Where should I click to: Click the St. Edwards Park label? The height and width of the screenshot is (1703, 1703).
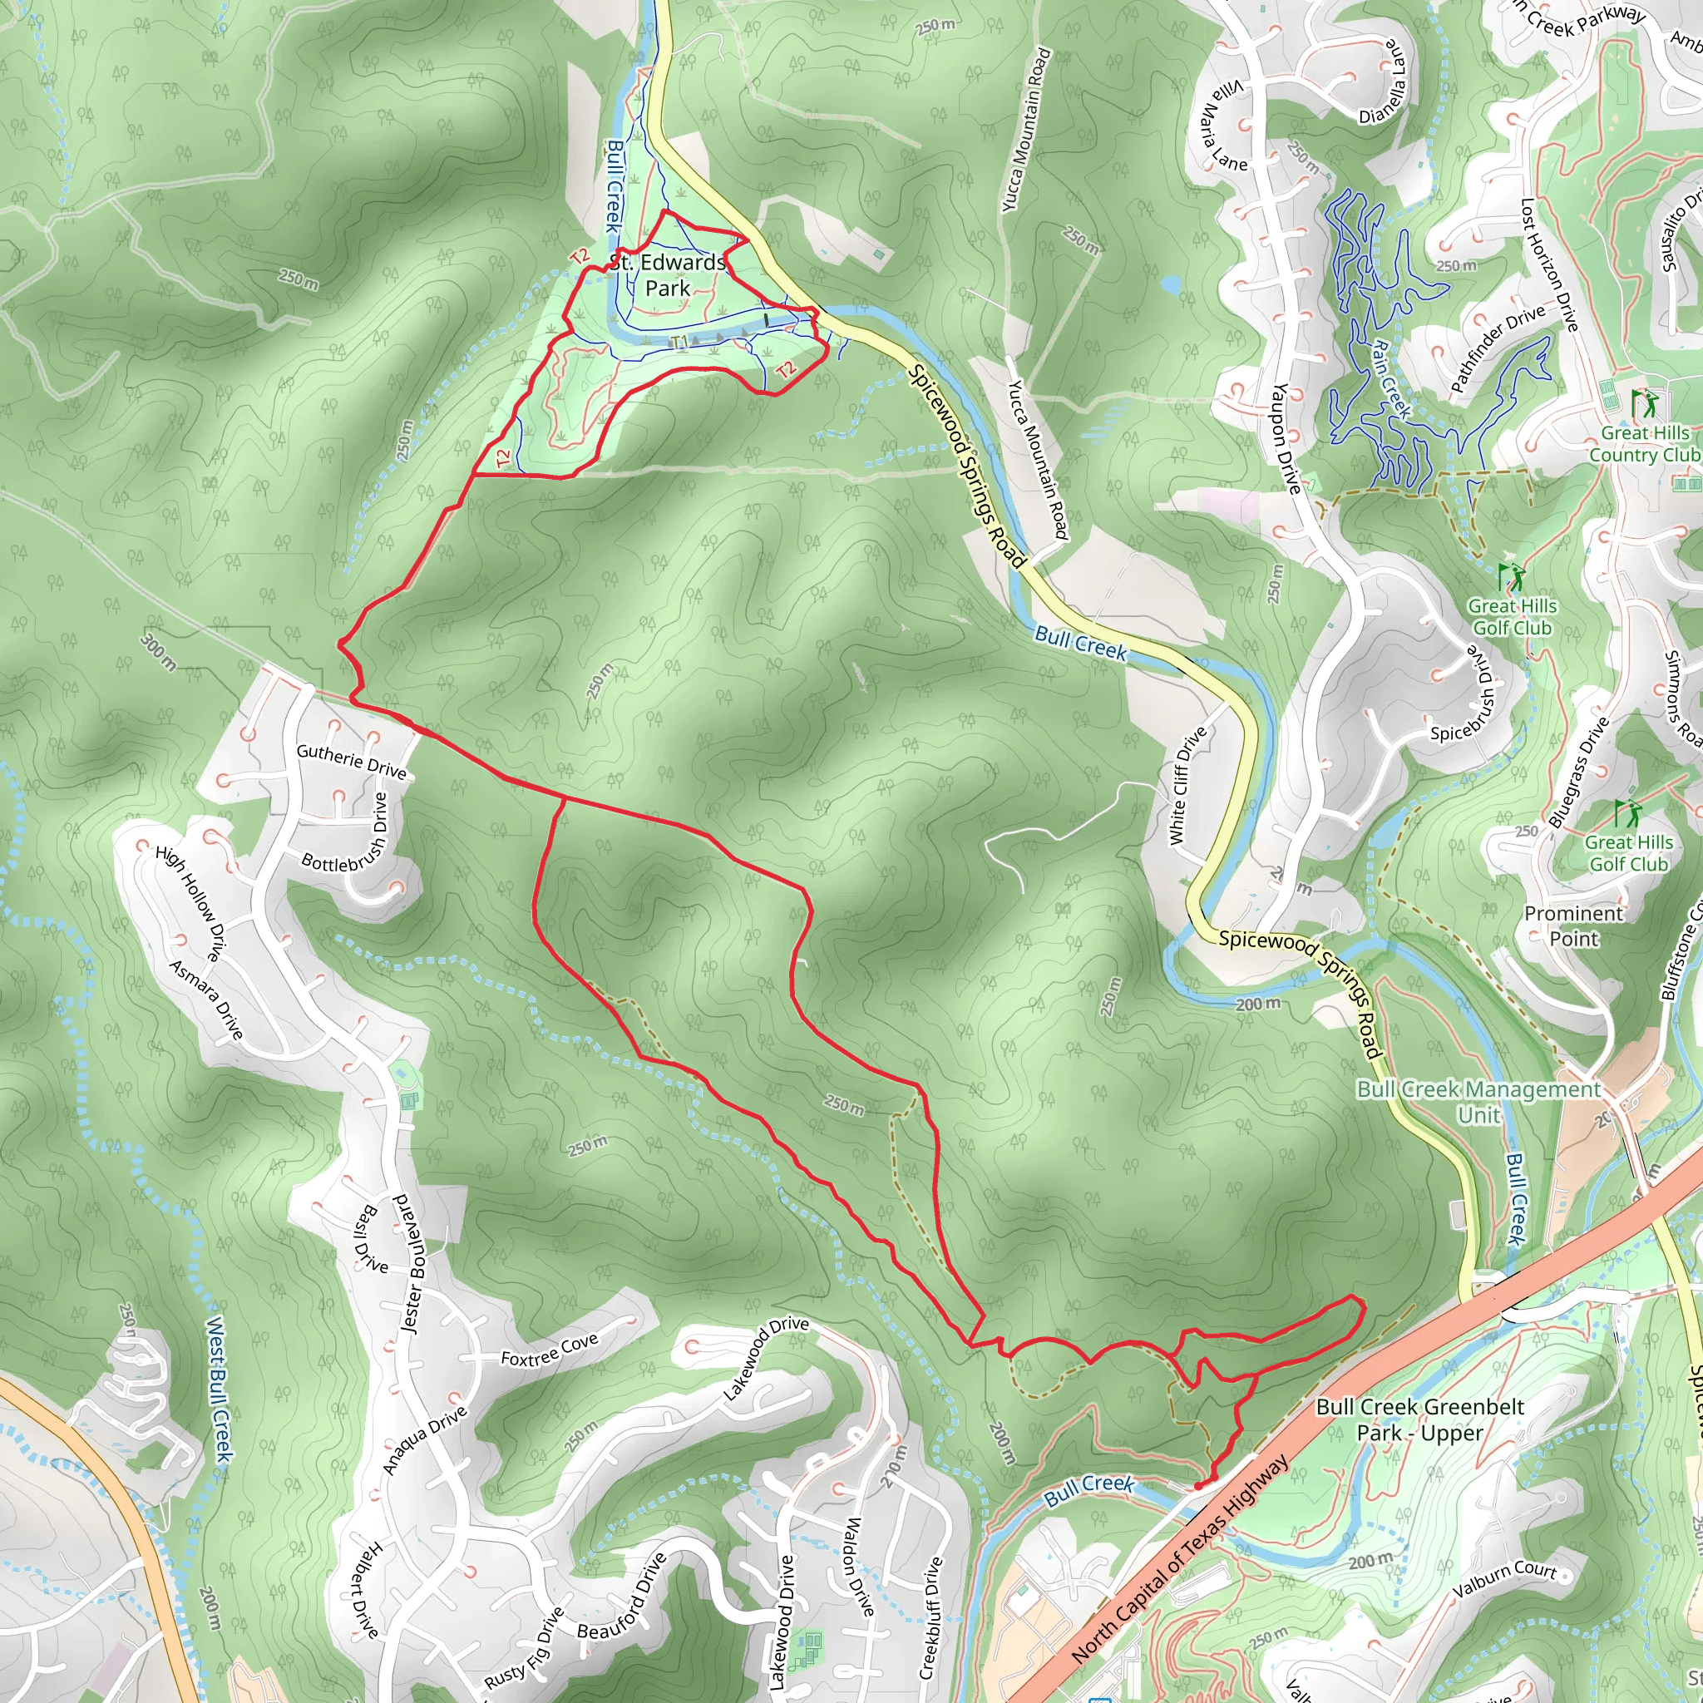(x=667, y=275)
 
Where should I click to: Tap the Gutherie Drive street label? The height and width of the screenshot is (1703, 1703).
(x=351, y=762)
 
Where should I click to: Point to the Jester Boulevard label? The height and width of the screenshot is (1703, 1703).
(x=413, y=1263)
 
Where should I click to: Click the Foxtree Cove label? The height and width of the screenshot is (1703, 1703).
(x=549, y=1350)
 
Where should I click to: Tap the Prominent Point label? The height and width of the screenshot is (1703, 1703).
(x=1573, y=926)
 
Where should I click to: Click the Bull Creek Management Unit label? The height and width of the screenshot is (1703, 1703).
(x=1478, y=1102)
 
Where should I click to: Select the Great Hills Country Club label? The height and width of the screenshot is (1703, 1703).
(x=1645, y=443)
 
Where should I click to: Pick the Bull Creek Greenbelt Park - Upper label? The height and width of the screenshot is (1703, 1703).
(x=1419, y=1419)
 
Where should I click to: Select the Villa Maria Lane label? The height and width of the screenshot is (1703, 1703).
(x=1222, y=126)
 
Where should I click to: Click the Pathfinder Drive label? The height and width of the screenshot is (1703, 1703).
(x=1498, y=348)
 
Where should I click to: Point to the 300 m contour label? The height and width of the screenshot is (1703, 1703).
(x=159, y=651)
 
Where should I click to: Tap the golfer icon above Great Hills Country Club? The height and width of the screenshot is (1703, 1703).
(x=1643, y=405)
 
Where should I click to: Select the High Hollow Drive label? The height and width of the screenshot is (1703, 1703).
(x=190, y=901)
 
